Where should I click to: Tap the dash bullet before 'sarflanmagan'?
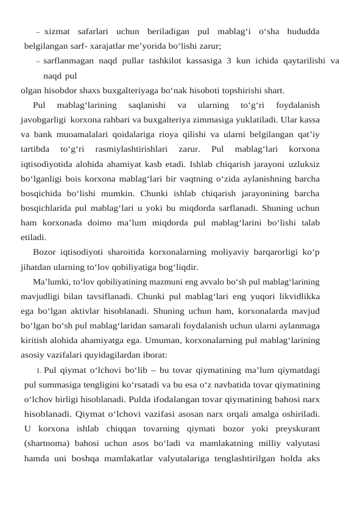click(38, 61)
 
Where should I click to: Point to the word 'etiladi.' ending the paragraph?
click(33, 237)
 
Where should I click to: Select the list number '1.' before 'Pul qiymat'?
click(38, 370)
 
